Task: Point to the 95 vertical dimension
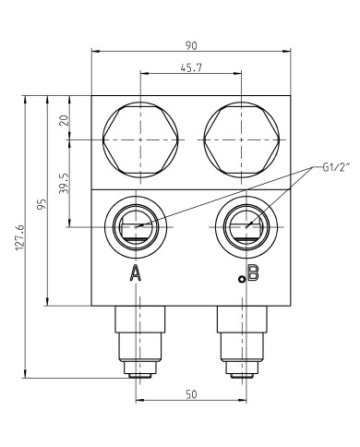point(42,205)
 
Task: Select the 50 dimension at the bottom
point(191,395)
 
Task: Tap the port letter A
point(136,272)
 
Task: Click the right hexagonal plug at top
point(240,139)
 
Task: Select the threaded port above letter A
point(138,225)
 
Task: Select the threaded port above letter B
point(243,225)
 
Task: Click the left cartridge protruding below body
point(138,338)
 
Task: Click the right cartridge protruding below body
point(242,338)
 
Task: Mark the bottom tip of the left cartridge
point(138,374)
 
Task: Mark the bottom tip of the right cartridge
point(242,374)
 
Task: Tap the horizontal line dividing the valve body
point(190,189)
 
